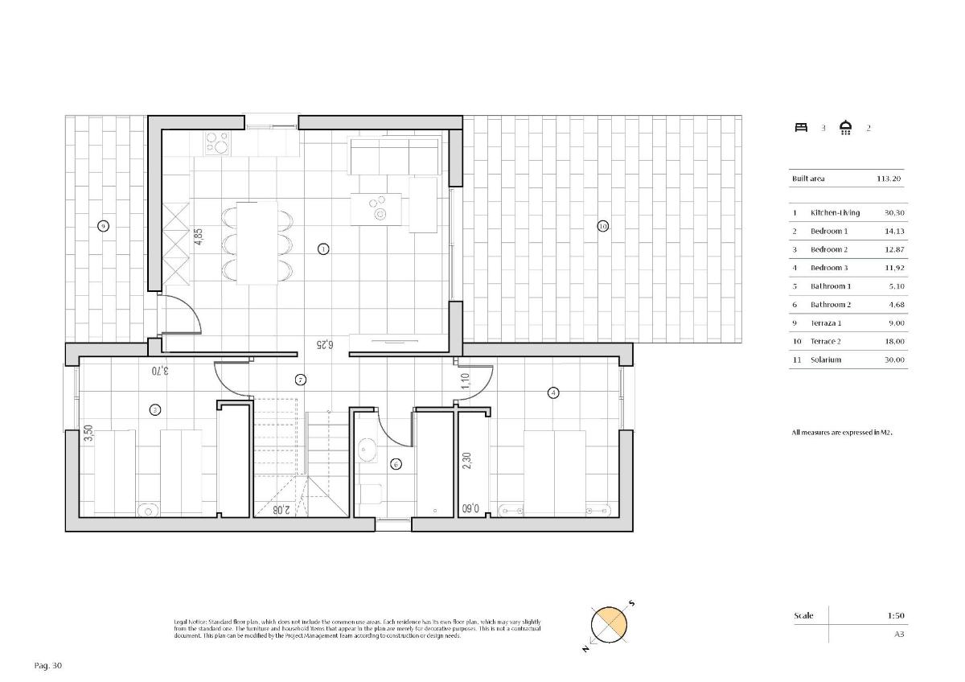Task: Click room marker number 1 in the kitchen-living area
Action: (x=323, y=249)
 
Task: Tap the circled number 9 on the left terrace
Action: (x=103, y=226)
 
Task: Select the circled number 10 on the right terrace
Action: (x=603, y=226)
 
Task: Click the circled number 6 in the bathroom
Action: (x=395, y=464)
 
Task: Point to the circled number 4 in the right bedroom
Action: (x=552, y=392)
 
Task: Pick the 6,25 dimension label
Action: (x=325, y=343)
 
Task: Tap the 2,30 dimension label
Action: (x=466, y=459)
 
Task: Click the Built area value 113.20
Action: (x=890, y=179)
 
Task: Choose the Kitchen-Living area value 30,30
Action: (x=894, y=213)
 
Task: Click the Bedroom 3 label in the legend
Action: (x=829, y=268)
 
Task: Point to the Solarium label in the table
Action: (x=826, y=359)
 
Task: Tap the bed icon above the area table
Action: (x=801, y=127)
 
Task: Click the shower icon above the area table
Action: (x=845, y=127)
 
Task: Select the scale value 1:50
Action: (x=896, y=616)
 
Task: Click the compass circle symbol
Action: (x=608, y=626)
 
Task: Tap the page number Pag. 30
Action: (x=48, y=665)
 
